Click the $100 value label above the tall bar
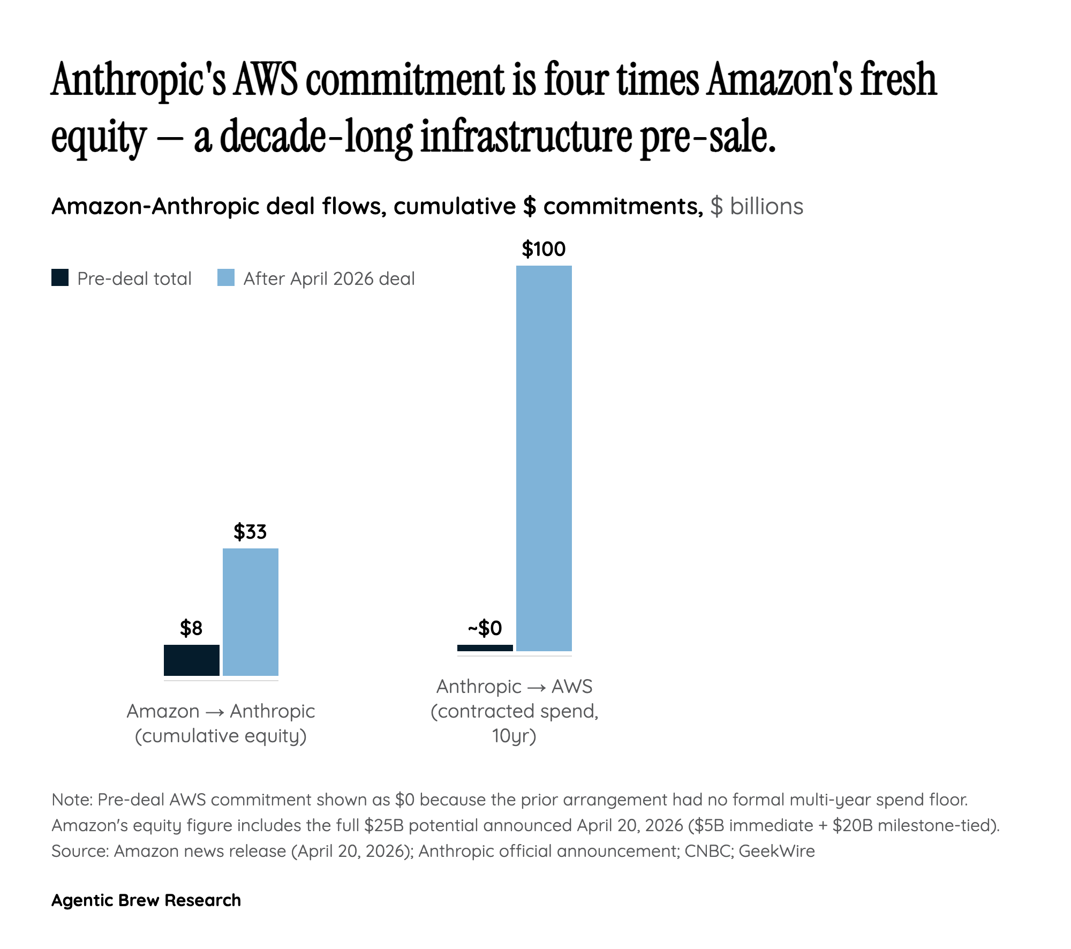[544, 250]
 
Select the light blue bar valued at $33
[250, 612]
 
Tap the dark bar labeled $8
[191, 660]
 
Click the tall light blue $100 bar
[544, 458]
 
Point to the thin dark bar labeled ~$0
[485, 648]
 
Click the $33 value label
[250, 532]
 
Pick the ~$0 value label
[485, 628]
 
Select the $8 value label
[191, 628]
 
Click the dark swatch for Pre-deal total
[60, 278]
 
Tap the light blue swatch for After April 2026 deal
[225, 278]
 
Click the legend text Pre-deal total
[134, 279]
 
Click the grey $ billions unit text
[756, 207]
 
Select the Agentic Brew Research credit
[146, 900]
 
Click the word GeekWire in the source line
[776, 851]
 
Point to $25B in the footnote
[383, 825]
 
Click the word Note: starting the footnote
[72, 800]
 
